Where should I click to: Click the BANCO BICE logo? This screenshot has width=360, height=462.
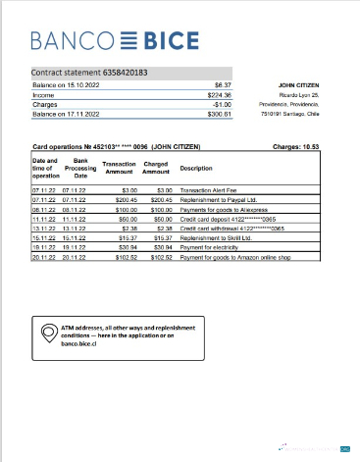[x=115, y=41]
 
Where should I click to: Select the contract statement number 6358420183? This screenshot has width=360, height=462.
[x=91, y=73]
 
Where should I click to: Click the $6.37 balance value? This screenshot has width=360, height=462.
[x=222, y=85]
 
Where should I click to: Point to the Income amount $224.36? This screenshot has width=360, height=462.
[x=219, y=95]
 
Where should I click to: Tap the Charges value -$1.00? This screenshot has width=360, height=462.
[x=222, y=104]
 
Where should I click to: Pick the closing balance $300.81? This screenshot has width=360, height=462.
[x=219, y=114]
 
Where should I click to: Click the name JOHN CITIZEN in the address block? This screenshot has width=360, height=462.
[x=300, y=85]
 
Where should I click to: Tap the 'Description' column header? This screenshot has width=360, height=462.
[x=196, y=168]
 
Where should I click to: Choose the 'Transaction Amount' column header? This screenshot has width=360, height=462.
[x=119, y=168]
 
